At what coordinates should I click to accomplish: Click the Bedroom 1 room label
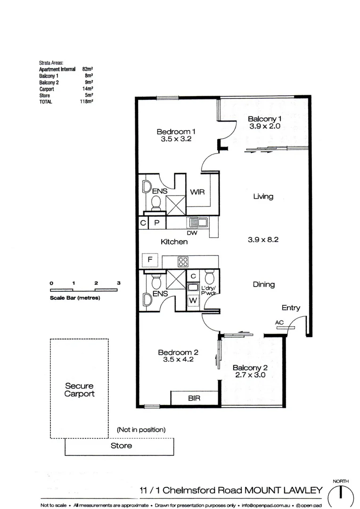[176, 131]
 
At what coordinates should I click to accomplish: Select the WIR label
[197, 192]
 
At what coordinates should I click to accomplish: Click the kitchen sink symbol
[196, 222]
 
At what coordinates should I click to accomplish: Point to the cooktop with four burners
[183, 261]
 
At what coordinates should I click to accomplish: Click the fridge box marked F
[150, 260]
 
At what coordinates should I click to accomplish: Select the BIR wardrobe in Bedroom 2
[194, 398]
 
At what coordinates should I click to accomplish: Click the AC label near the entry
[280, 322]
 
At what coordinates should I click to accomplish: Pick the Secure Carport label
[79, 390]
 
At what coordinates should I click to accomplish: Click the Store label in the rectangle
[121, 445]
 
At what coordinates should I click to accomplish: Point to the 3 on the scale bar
[119, 283]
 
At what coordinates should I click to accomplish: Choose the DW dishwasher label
[192, 232]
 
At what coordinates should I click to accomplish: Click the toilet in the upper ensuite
[156, 202]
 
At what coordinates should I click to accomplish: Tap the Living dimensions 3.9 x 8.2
[263, 239]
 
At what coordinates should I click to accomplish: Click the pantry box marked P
[157, 223]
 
